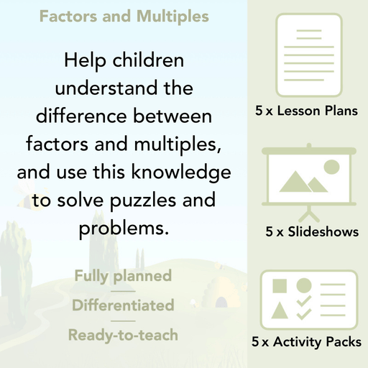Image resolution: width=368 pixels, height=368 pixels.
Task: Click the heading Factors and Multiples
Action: [124, 16]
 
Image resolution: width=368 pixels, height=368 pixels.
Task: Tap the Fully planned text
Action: [122, 275]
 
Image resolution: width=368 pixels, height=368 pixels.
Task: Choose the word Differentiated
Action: [122, 305]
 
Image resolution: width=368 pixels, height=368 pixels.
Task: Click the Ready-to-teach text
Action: [122, 334]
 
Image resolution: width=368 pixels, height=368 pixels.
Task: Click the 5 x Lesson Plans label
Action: [306, 111]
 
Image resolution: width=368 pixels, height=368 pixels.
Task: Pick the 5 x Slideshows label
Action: [311, 232]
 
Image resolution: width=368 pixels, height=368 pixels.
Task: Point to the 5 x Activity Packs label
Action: [307, 343]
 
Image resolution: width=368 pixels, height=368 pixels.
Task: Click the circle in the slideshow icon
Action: [331, 167]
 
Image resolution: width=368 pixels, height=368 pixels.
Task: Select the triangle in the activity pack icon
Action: [281, 310]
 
